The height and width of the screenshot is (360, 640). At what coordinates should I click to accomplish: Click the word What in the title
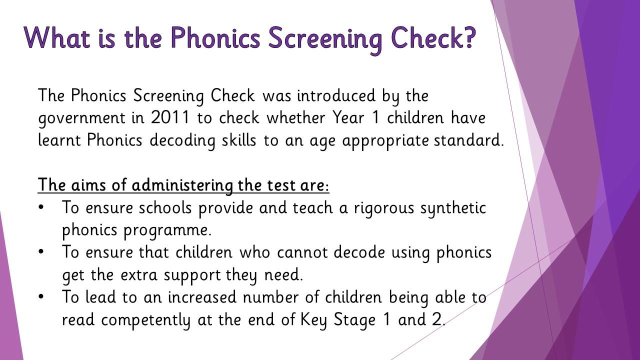click(x=57, y=37)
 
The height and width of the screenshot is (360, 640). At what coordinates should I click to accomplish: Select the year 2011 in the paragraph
click(x=170, y=117)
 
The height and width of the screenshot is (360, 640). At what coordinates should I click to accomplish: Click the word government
click(x=81, y=118)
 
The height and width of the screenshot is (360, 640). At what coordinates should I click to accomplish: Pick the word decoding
click(x=182, y=141)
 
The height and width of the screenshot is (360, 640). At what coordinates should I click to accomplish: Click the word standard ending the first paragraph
click(x=468, y=140)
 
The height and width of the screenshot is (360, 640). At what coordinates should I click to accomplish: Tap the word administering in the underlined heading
click(x=182, y=185)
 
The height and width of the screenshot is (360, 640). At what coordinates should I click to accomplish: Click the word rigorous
click(x=384, y=208)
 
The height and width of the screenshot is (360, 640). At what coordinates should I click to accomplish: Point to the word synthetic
click(x=453, y=208)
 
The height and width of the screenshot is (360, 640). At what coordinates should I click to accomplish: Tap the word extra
click(x=138, y=275)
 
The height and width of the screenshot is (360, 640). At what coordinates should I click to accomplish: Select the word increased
click(x=202, y=297)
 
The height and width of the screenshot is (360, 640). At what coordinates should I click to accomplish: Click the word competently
click(x=145, y=320)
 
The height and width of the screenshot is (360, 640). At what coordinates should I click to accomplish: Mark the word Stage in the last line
click(x=354, y=320)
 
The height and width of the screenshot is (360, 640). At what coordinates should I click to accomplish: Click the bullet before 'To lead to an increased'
click(x=41, y=296)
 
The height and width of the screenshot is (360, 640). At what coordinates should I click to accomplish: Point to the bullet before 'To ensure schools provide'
click(x=41, y=207)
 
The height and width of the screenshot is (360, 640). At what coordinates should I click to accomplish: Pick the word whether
click(x=295, y=117)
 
